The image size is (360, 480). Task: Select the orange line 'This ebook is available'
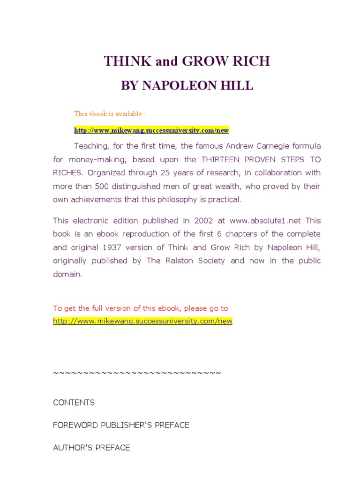tap(110, 114)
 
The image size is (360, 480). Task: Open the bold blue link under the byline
tap(151, 130)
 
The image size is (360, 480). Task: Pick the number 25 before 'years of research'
tap(163, 172)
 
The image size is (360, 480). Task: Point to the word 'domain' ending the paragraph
tap(67, 274)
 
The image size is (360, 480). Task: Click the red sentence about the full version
tap(141, 308)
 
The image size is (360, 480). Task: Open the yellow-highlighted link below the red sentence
tap(142, 321)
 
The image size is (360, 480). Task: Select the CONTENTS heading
tap(74, 403)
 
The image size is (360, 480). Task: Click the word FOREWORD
tap(75, 425)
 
